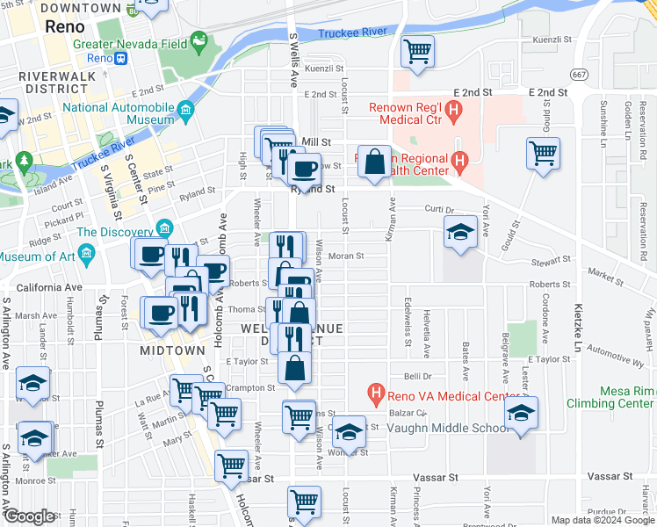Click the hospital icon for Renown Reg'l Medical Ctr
pos(453,110)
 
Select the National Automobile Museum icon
pos(185,110)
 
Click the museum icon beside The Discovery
pos(163,229)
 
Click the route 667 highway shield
pos(578,73)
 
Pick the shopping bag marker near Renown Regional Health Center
pos(374,162)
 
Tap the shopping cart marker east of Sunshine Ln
pos(544,153)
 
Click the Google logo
pos(28,516)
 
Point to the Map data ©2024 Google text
pos(602,520)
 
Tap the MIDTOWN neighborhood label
pos(172,350)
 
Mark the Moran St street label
pos(345,256)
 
